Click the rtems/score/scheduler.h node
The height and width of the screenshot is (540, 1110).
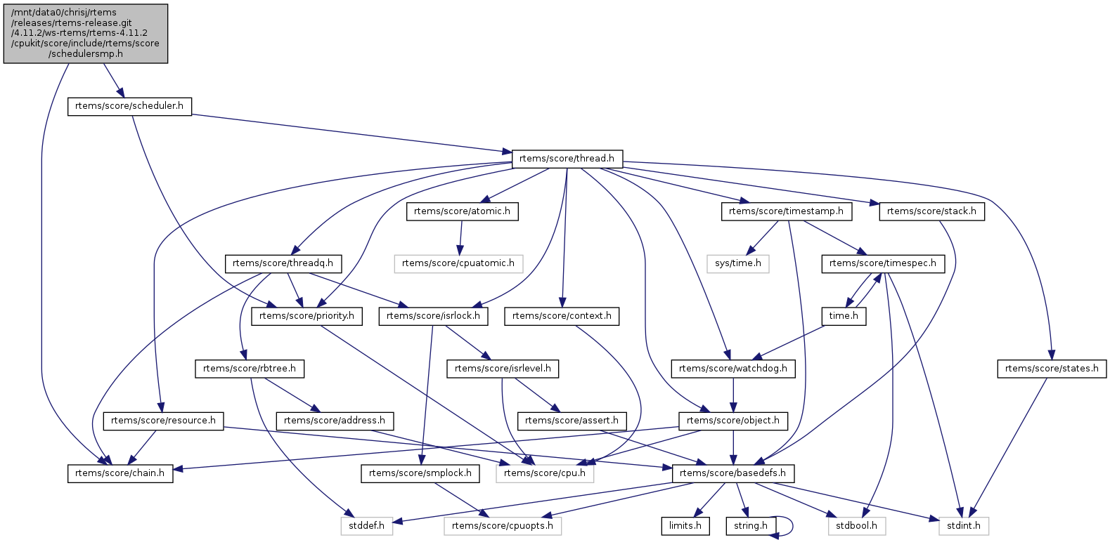(129, 106)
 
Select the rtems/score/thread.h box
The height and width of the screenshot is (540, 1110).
(567, 159)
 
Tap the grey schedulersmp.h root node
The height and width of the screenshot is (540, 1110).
(86, 33)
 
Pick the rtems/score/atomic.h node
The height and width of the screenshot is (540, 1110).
(462, 211)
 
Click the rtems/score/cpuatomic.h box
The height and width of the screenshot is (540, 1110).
(458, 263)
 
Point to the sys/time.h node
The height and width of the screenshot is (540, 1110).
(737, 263)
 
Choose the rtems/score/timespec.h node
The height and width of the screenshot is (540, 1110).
(882, 263)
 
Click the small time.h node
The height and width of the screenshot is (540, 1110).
(844, 316)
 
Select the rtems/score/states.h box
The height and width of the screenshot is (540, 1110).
(1052, 369)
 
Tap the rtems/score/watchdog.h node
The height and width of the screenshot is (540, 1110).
(733, 369)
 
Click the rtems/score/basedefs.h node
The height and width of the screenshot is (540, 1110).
(733, 473)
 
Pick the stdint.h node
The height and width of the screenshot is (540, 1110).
(964, 526)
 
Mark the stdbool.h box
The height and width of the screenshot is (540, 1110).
(856, 526)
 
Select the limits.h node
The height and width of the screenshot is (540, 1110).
(685, 526)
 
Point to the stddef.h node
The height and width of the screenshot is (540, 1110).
(366, 526)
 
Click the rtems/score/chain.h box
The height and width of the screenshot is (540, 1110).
(120, 473)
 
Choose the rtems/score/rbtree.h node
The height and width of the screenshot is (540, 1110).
(250, 369)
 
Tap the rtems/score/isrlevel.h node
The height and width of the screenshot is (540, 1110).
(503, 369)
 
